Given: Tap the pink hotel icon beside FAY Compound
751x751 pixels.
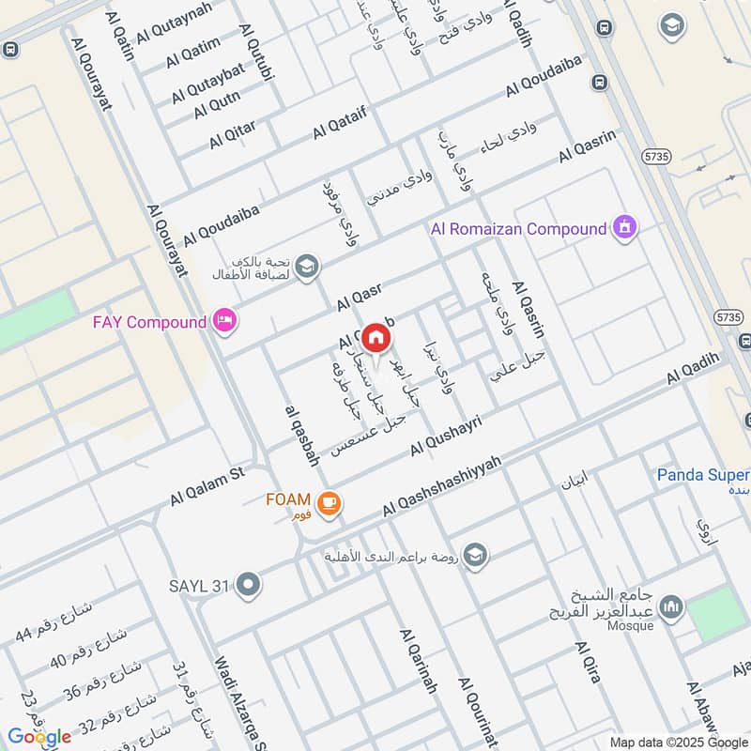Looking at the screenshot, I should [225, 322].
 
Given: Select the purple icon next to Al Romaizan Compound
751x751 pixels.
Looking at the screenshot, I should [624, 227].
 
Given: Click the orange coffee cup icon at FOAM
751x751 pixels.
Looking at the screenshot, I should [328, 504].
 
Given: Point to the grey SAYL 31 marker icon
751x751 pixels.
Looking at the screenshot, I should [249, 586].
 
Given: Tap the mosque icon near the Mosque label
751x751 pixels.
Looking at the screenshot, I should [670, 608].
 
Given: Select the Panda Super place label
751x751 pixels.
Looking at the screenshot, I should [702, 475].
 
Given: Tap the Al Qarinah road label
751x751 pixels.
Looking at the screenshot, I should [419, 661].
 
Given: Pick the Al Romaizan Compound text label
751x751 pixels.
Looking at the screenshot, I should [518, 228].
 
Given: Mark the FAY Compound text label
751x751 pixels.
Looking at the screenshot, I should [148, 322].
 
